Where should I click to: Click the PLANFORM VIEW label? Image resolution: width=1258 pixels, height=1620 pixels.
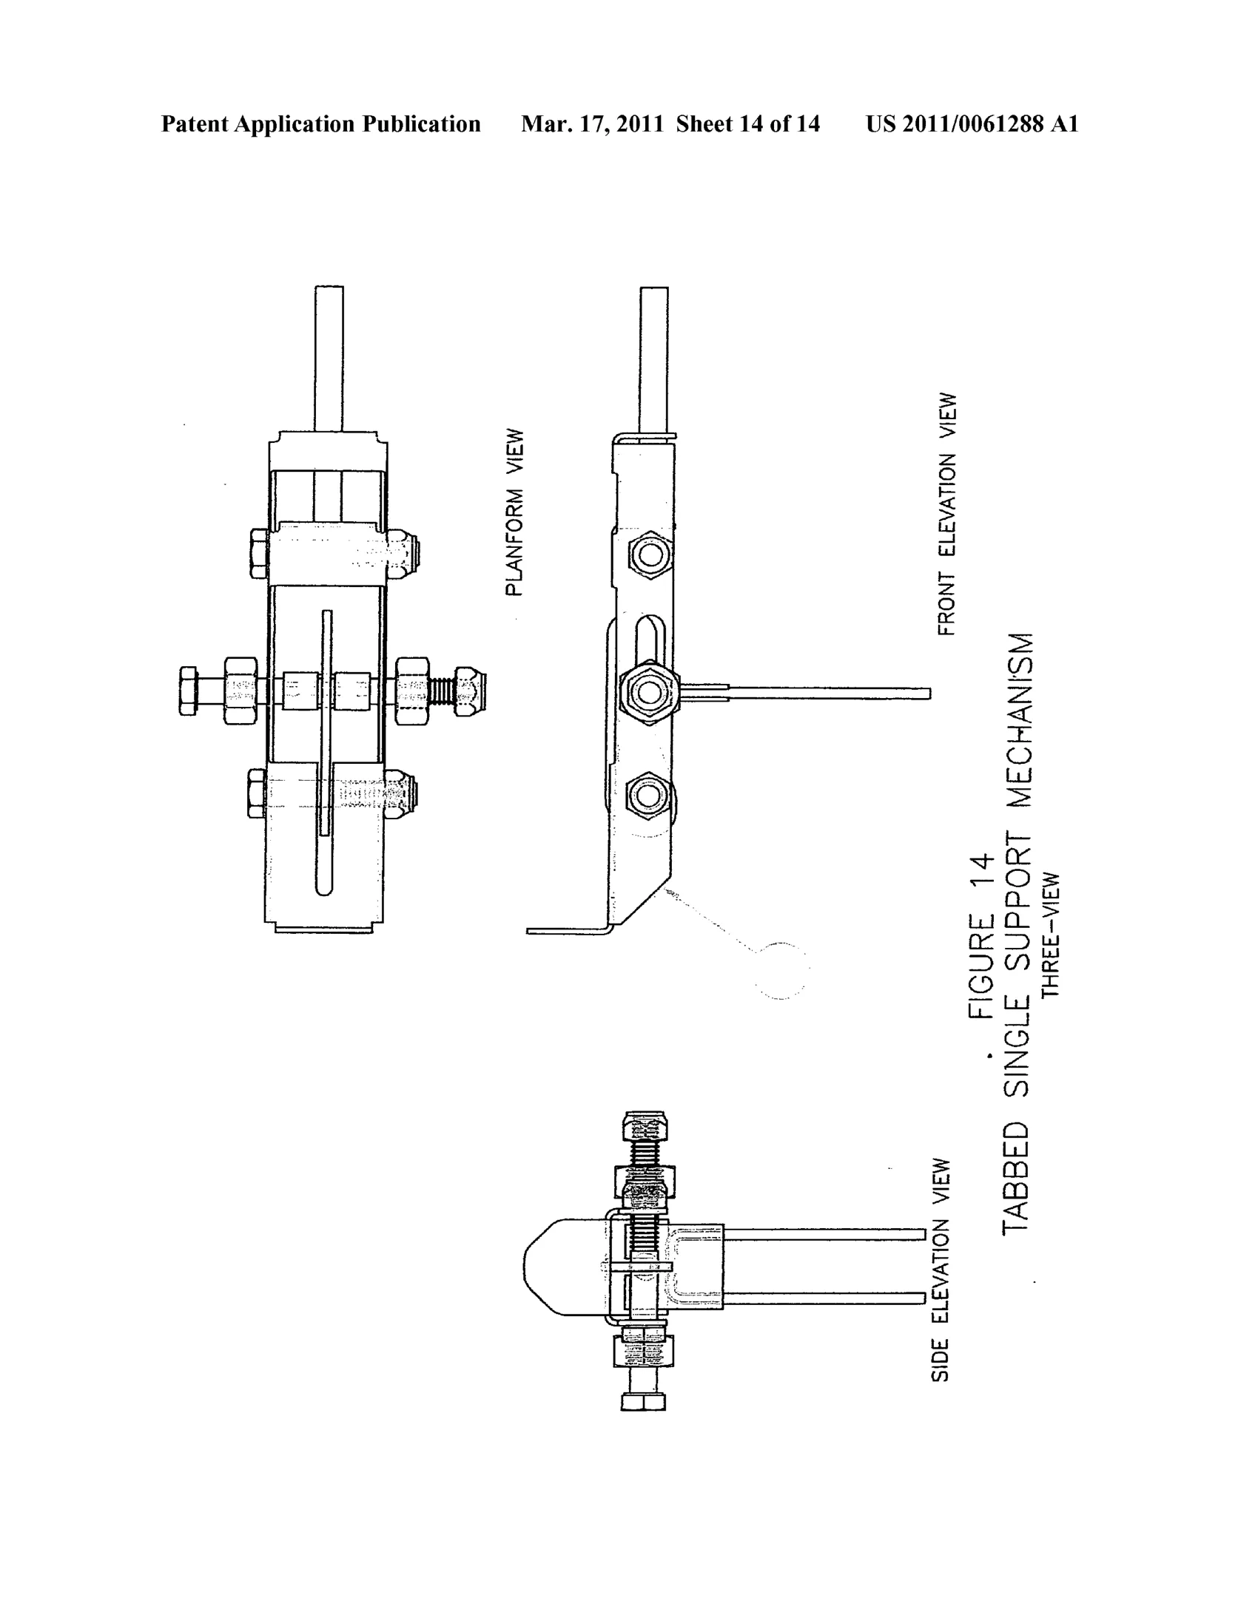point(514,512)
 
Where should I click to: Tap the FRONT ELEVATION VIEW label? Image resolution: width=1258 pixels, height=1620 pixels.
point(947,514)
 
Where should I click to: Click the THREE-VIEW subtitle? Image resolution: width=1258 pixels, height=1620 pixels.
point(1051,935)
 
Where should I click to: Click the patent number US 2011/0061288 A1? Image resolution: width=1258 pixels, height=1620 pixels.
point(972,124)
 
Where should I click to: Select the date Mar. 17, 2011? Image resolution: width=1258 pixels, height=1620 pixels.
point(592,124)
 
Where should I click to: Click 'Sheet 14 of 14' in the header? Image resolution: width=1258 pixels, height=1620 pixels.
point(748,124)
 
